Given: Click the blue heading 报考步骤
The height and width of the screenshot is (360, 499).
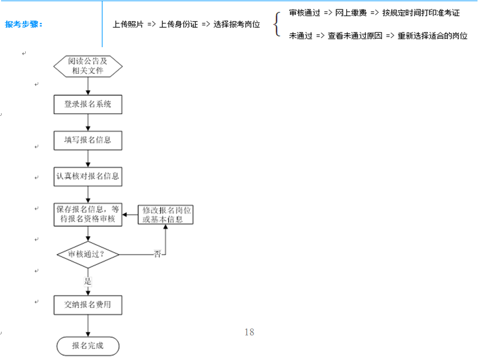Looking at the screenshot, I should pos(24,24).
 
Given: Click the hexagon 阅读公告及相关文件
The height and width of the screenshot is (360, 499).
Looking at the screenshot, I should pos(88,66).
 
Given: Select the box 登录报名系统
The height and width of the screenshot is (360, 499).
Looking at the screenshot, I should pos(88,104).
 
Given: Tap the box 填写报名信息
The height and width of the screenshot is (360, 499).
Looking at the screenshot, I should pos(88,140).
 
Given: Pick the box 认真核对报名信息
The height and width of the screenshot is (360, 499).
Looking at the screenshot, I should pos(88,177).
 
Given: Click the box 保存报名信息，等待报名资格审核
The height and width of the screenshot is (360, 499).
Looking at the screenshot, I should pos(88,214).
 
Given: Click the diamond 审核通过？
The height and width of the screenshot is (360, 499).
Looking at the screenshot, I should pos(88,254).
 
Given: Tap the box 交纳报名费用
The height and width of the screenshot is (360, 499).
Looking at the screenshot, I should pos(88,305).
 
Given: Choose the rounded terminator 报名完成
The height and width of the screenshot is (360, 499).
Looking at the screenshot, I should pos(88,346).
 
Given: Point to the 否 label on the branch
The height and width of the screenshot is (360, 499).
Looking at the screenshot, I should pos(157,254).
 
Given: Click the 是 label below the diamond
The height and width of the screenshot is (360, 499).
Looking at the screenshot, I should pos(88,281).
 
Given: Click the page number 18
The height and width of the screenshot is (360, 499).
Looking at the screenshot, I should pos(249,332).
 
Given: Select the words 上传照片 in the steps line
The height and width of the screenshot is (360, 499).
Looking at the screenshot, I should pos(128,24).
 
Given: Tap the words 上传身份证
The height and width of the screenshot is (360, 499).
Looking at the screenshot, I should pos(179,24).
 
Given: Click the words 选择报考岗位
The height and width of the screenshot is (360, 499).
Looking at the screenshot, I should pos(237,24).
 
